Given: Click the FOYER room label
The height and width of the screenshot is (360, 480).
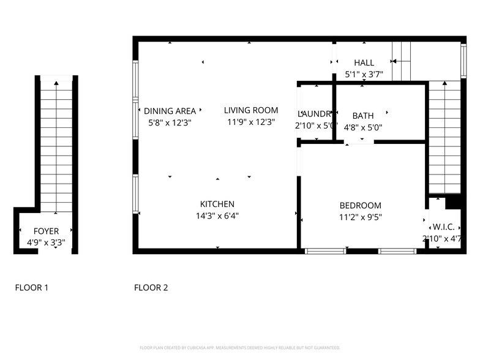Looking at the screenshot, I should [x=46, y=231].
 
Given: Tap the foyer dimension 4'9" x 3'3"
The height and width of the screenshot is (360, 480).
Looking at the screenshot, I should [x=46, y=242].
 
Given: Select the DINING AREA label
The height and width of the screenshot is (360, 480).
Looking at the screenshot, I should [x=170, y=111].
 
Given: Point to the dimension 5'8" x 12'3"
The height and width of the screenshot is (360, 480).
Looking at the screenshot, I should [x=170, y=122].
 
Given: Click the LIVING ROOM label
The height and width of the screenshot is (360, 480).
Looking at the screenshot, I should [x=250, y=110].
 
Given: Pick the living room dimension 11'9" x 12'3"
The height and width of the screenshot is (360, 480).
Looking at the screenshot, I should [x=250, y=122].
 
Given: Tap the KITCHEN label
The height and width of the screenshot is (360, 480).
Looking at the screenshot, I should [x=217, y=204].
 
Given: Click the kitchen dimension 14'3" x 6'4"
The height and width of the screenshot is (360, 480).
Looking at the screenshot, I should [x=217, y=216].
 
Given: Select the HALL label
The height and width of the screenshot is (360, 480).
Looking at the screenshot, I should [x=364, y=62].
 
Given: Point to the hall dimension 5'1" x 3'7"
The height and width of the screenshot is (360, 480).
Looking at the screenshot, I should [x=364, y=75].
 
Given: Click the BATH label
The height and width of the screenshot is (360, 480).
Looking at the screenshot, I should [x=362, y=116].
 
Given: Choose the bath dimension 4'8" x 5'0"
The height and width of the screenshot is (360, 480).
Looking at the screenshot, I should [x=362, y=127].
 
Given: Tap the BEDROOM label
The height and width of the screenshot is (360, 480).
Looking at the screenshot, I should [x=360, y=206].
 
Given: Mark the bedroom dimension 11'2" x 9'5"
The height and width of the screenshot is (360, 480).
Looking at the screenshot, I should [x=360, y=217].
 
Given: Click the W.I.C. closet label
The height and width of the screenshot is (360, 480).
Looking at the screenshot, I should [x=443, y=227].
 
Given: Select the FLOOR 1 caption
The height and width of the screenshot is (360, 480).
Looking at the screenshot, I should [x=31, y=287].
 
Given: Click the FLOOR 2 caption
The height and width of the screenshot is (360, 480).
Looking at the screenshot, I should [x=151, y=287].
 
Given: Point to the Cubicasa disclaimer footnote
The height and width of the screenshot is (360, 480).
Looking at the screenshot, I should [x=239, y=347].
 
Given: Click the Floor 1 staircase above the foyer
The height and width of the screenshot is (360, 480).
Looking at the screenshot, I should [x=56, y=147].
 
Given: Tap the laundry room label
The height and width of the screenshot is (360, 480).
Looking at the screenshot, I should [x=315, y=114].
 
